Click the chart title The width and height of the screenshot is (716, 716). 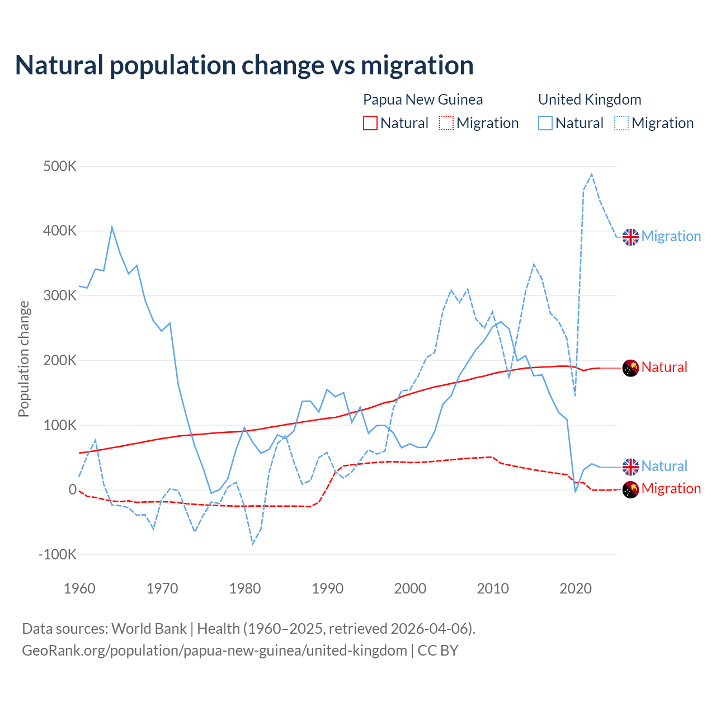[244, 65]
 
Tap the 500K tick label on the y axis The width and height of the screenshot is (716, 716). [60, 166]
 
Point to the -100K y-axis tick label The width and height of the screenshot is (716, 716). [58, 554]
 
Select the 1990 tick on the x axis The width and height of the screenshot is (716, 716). [328, 588]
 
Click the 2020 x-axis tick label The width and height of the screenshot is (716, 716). [576, 588]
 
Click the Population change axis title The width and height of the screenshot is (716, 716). [23, 359]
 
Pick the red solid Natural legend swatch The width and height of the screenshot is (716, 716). [370, 123]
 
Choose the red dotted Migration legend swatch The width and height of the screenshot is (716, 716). [446, 123]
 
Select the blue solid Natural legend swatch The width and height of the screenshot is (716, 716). [545, 123]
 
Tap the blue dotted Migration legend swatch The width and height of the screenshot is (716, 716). [621, 123]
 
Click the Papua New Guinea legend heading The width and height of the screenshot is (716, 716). [423, 100]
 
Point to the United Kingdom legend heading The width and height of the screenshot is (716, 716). [590, 100]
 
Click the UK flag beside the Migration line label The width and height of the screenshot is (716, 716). [630, 237]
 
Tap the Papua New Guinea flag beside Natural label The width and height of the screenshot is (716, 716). [630, 368]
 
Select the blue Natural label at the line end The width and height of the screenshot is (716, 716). [664, 466]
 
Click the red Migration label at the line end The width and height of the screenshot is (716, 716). [671, 488]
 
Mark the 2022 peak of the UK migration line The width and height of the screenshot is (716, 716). [592, 175]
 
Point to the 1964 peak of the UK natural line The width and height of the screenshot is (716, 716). [112, 227]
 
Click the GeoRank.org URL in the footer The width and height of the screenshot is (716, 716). [214, 651]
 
